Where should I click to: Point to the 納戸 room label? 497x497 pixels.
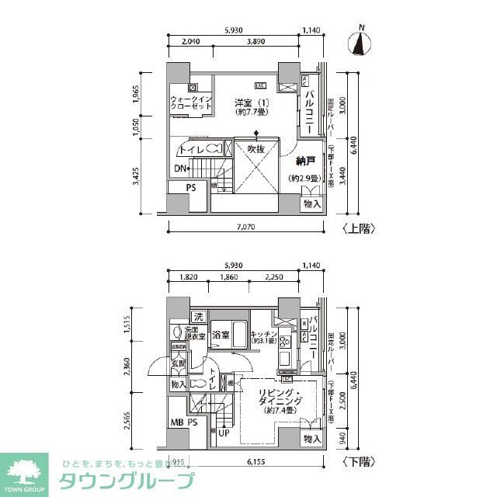306,162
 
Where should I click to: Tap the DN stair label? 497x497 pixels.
180,169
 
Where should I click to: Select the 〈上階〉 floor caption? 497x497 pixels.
358,228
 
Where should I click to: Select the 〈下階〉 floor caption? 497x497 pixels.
358,461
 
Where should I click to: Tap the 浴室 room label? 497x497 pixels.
221,335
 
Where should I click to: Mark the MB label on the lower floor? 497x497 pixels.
177,423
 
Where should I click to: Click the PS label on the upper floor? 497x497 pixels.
190,188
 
